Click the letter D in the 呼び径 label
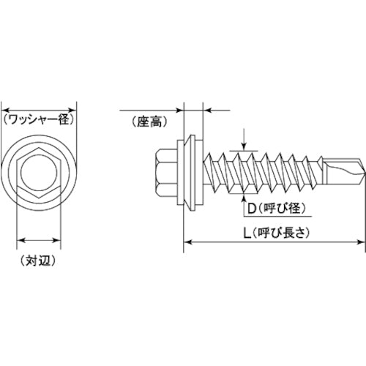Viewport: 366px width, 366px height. tap(252, 209)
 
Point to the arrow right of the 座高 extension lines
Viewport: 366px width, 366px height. tap(206, 110)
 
